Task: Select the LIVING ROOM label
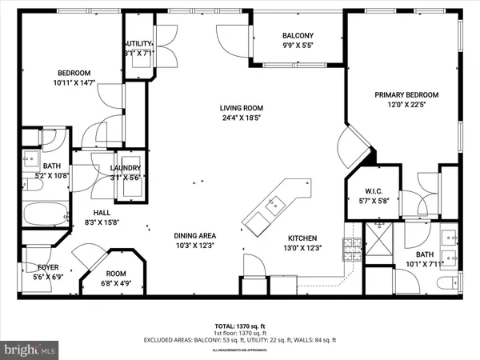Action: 242,108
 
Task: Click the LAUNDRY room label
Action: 125,167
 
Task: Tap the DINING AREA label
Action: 195,235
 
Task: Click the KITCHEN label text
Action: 303,238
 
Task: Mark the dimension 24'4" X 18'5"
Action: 242,119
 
